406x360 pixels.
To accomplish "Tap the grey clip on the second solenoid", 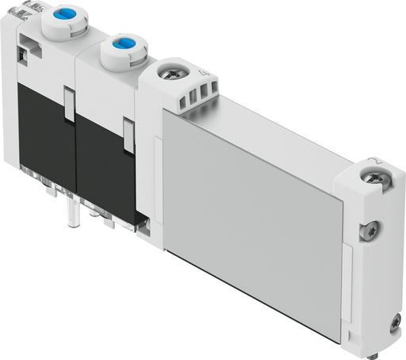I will pos(128,132).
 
